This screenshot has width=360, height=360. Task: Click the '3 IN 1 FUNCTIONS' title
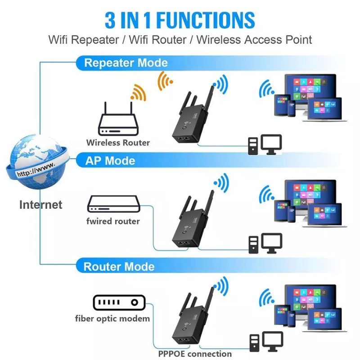click(180, 20)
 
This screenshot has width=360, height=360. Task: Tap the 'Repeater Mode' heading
click(126, 63)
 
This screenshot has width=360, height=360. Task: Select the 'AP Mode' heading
click(110, 160)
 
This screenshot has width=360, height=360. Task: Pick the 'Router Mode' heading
click(119, 266)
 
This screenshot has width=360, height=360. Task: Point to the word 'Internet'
click(40, 205)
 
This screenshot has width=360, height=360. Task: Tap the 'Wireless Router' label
click(118, 143)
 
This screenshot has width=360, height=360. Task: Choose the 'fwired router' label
click(113, 221)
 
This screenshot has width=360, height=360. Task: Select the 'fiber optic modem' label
click(112, 319)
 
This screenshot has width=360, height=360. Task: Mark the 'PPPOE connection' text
click(195, 354)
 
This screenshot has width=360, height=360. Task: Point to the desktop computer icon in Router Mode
click(266, 342)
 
